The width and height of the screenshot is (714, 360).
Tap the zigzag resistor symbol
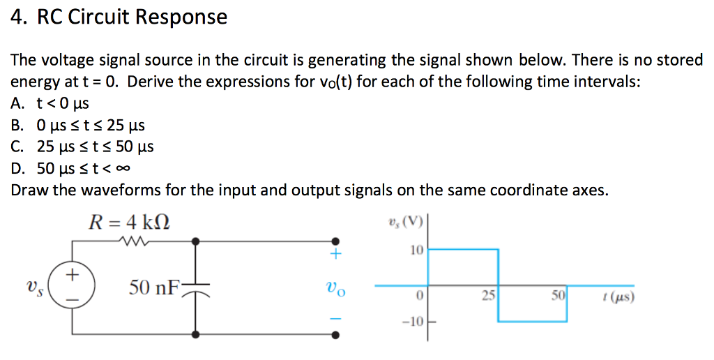tap(131, 241)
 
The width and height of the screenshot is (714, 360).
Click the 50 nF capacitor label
tap(154, 287)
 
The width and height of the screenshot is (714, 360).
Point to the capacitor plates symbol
tap(196, 287)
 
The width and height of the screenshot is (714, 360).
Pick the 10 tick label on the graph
tap(416, 249)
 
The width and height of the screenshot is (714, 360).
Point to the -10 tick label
tap(413, 322)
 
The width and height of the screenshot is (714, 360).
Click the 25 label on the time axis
tap(488, 296)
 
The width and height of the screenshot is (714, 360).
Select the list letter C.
tap(17, 147)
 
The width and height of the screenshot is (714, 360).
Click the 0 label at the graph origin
tap(418, 296)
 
